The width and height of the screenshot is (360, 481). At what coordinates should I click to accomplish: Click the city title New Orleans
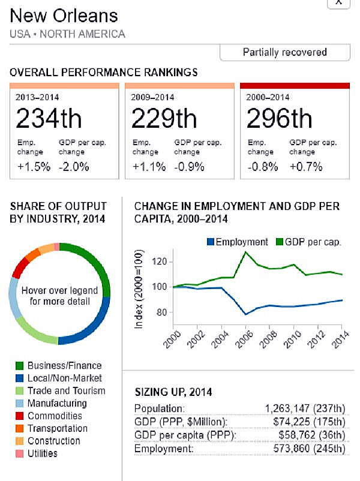[x=64, y=16]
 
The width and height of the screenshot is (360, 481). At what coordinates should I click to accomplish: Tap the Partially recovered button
[x=284, y=52]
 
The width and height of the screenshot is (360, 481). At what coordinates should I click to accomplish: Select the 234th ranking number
[x=49, y=118]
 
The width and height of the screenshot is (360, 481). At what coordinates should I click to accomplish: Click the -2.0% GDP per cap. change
[x=74, y=167]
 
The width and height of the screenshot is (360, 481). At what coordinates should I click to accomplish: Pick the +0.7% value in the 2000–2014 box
[x=306, y=167]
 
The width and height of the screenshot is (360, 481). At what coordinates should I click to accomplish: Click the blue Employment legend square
[x=210, y=242]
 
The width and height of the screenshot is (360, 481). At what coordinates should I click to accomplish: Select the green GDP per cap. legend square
[x=280, y=242]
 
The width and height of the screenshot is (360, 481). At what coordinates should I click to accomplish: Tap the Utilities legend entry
[x=42, y=453]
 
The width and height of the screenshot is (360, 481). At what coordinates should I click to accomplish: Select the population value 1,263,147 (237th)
[x=305, y=409]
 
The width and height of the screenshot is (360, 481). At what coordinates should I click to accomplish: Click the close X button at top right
[x=338, y=2]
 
